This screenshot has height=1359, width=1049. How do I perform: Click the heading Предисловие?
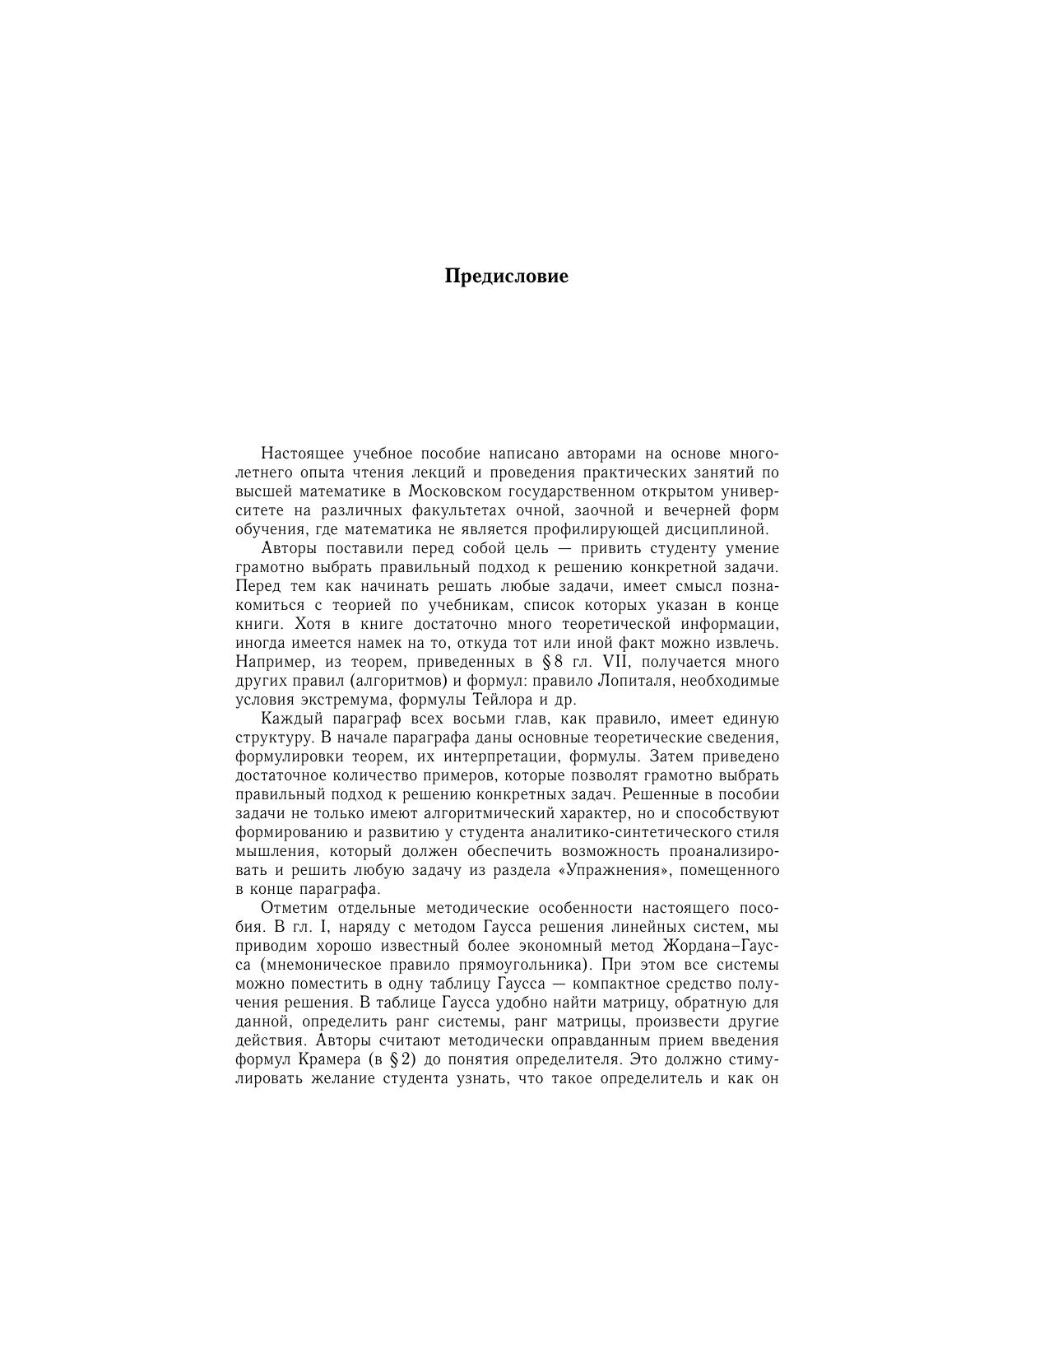point(506,276)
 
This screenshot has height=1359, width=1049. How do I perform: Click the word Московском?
point(455,491)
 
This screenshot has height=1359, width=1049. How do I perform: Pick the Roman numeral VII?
point(610,662)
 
